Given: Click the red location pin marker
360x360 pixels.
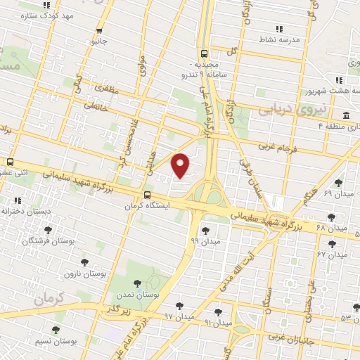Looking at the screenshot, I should pos(181,165).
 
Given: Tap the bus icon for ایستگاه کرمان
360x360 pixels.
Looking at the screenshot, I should pos(146,195).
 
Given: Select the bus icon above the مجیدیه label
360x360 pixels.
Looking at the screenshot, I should pos(204,53).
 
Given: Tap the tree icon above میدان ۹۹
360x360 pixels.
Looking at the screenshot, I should pos(204,229).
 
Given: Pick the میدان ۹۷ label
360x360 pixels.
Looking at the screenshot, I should pos(179,317).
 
